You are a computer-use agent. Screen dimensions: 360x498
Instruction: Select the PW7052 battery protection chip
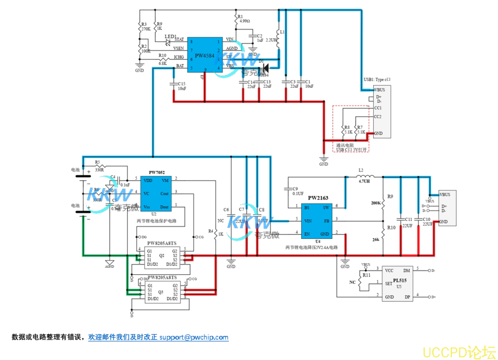pos(157,193)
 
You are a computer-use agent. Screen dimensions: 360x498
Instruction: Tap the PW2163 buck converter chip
pos(318,220)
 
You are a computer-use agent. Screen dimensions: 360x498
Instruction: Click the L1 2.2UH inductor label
pos(273,39)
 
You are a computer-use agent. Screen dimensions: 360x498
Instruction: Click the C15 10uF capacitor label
pos(182,86)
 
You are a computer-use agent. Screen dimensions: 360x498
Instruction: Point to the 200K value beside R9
pos(375,204)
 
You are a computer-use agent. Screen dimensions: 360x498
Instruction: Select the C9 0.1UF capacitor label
pos(298,191)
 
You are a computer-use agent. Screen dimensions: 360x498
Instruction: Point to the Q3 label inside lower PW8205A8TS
pos(161,291)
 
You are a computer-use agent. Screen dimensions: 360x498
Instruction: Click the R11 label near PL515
pos(366,274)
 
